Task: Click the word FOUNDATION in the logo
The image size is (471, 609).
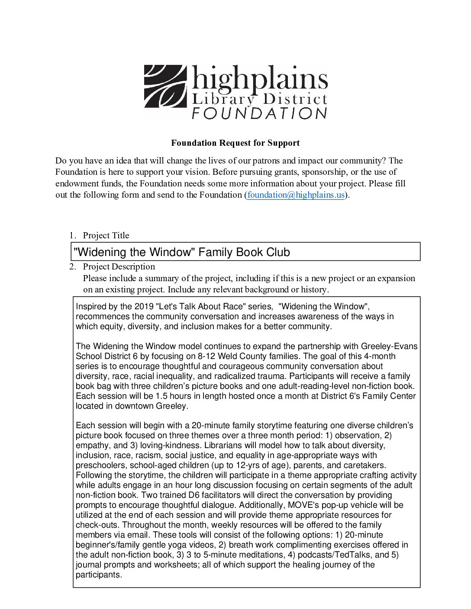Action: click(x=259, y=113)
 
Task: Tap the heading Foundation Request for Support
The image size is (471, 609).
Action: click(x=235, y=142)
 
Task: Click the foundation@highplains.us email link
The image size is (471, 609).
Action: click(x=296, y=195)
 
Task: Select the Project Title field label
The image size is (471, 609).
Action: click(x=106, y=235)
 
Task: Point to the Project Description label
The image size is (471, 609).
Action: click(x=119, y=266)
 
